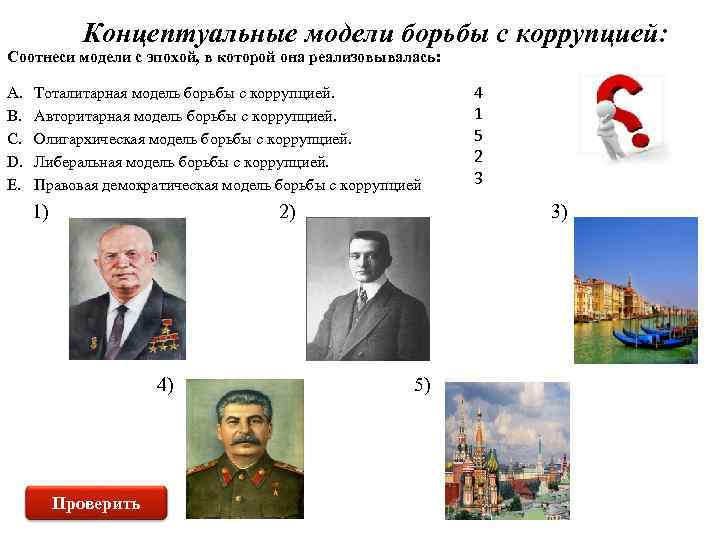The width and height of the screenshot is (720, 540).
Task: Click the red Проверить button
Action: [x=96, y=502]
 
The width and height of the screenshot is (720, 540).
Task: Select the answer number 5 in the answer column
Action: [x=478, y=135]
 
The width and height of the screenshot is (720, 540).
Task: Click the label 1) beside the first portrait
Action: [x=41, y=211]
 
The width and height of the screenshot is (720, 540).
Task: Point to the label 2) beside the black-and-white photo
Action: [x=287, y=211]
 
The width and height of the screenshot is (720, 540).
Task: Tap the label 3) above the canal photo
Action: [x=558, y=211]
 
